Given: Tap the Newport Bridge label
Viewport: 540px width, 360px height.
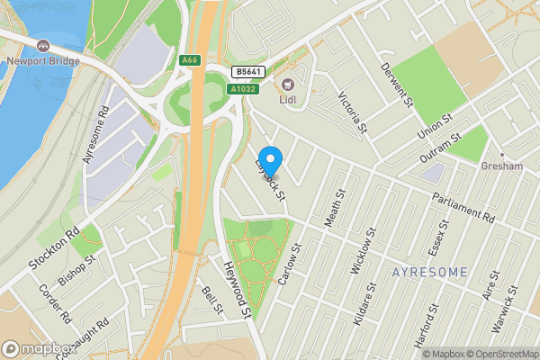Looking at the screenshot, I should (43, 61).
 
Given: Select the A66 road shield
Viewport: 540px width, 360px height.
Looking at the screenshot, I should (188, 60).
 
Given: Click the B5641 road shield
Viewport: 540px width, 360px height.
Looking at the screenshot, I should (248, 71).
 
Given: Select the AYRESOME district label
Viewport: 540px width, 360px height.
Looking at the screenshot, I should (430, 271).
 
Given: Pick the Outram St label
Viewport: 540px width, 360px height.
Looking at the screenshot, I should (440, 149).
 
